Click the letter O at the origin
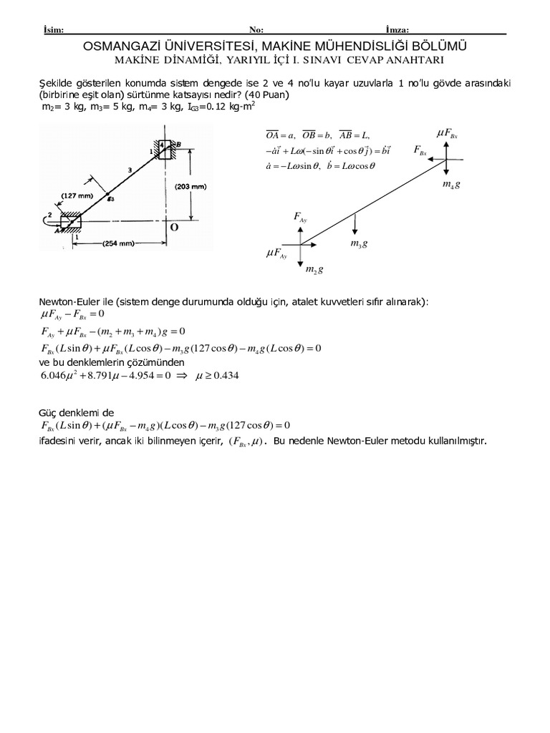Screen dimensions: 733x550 [x=173, y=227]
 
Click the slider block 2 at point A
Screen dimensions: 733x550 [x=72, y=223]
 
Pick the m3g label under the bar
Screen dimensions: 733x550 [x=359, y=244]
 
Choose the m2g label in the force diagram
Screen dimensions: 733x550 [x=314, y=270]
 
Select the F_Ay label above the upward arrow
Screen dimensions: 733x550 [x=300, y=217]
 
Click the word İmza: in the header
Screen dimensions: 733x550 [x=397, y=29]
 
